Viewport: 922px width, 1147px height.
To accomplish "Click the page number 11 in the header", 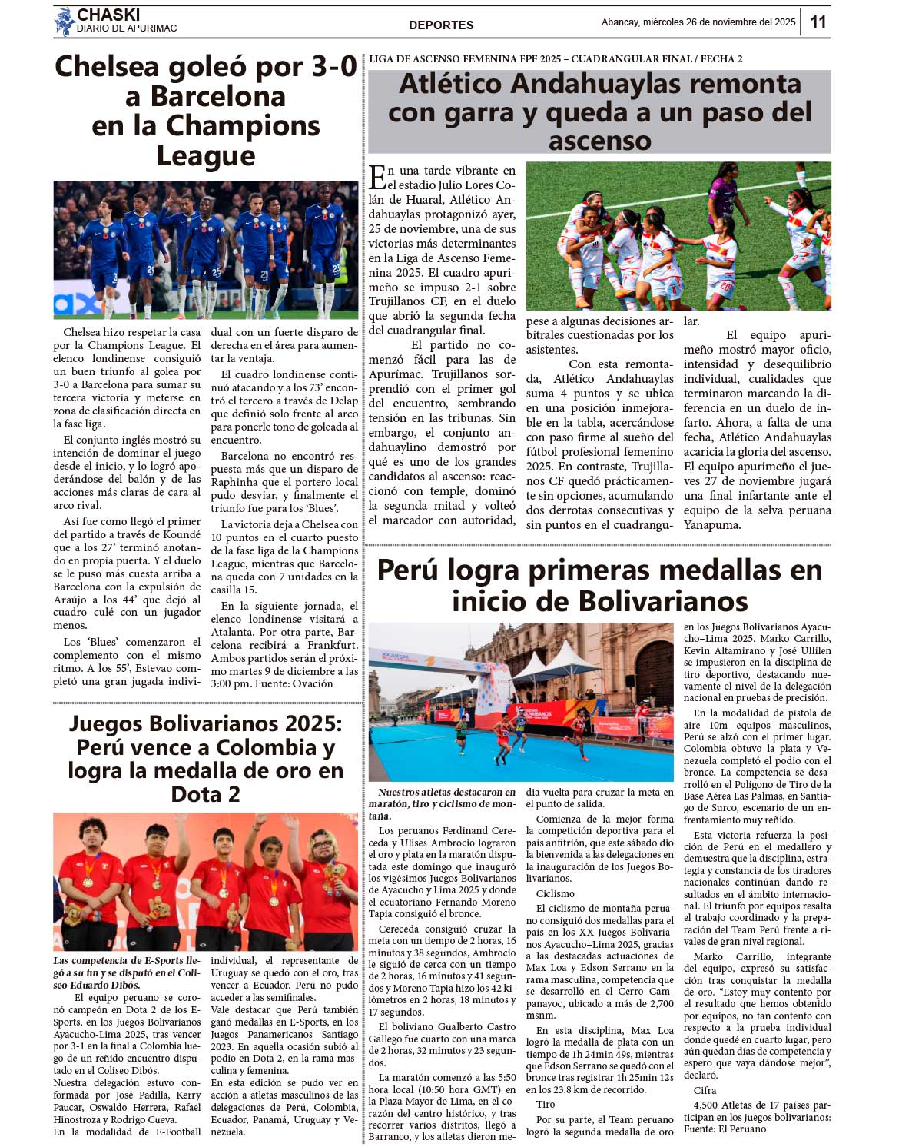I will (818, 22).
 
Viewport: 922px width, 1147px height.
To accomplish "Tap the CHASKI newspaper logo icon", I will (64, 22).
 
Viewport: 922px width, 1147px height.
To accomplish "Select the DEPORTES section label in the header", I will (441, 25).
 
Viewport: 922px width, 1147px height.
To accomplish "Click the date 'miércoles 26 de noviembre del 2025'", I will (719, 22).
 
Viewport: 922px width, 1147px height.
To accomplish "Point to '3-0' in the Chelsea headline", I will (330, 67).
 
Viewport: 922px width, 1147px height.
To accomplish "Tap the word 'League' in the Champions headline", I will (205, 156).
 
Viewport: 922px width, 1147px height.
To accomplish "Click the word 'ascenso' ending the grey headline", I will (599, 141).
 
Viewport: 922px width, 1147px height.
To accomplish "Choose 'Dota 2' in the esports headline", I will (205, 793).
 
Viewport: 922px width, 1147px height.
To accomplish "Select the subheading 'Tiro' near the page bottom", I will (546, 1104).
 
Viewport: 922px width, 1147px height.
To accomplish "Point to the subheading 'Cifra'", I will (705, 1090).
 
